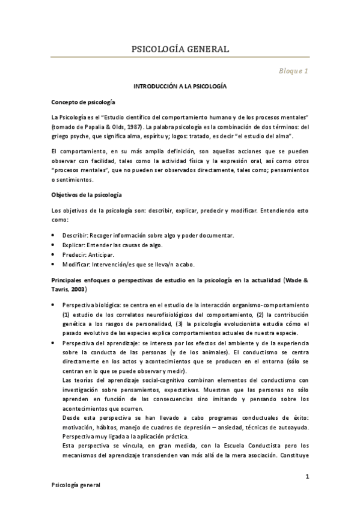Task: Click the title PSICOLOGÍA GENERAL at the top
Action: click(x=180, y=49)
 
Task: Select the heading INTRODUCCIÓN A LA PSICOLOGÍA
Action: click(x=180, y=87)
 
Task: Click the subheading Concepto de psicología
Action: click(x=84, y=103)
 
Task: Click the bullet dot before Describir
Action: click(x=54, y=235)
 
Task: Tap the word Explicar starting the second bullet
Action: click(x=73, y=245)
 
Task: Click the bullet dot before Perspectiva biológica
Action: click(x=54, y=306)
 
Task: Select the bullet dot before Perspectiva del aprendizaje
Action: click(x=54, y=343)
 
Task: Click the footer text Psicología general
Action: click(x=76, y=486)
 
